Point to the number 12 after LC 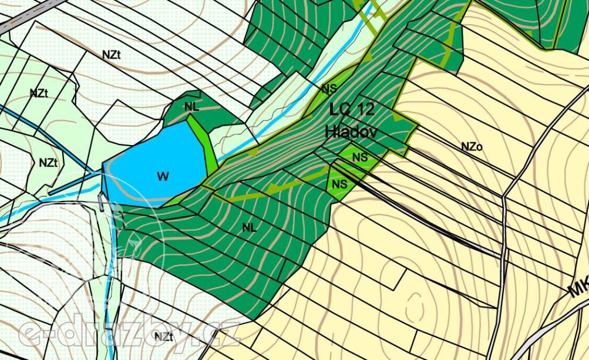(365, 109)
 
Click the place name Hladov (351, 132)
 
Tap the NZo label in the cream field (472, 147)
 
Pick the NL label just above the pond (191, 106)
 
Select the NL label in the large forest (250, 227)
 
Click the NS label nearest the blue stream (329, 89)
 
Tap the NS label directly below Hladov (360, 157)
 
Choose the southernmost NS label (339, 184)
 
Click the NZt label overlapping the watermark (163, 337)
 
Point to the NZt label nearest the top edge (111, 55)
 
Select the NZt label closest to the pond (48, 163)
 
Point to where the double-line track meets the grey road (502, 257)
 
